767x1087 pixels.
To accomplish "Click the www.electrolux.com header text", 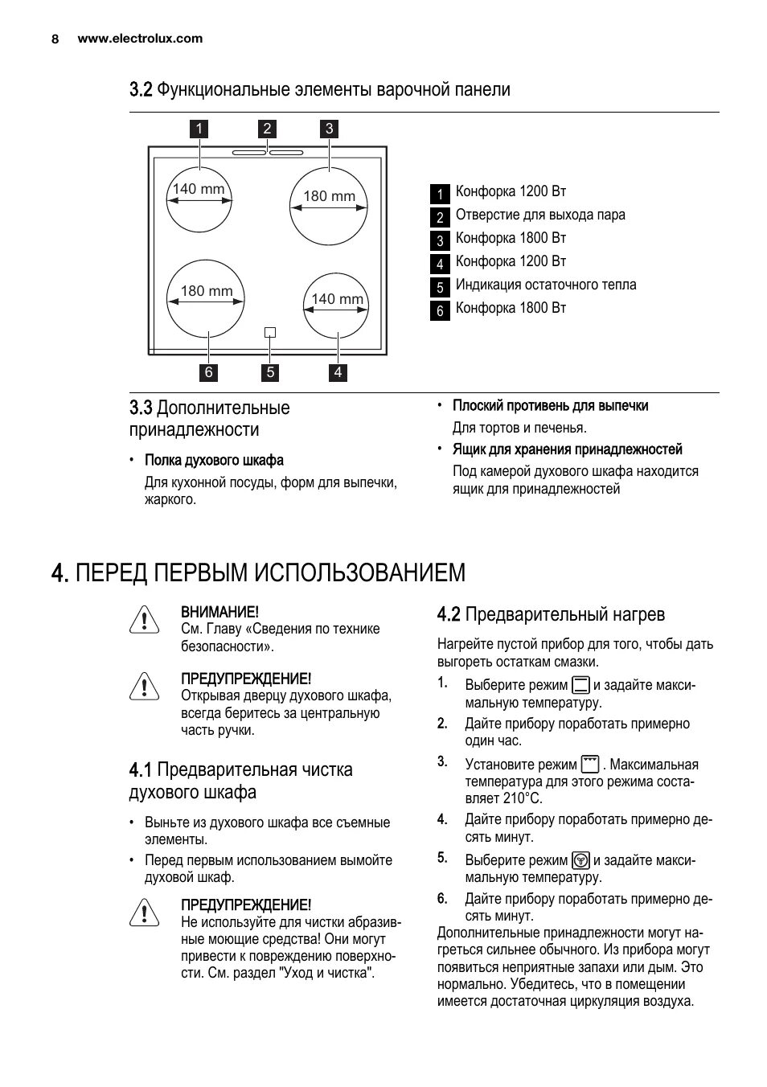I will click(140, 39).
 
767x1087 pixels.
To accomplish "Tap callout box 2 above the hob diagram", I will click(268, 129).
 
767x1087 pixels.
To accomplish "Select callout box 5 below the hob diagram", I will click(270, 372).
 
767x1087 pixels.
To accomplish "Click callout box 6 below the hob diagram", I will click(209, 372).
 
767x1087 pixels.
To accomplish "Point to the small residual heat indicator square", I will click(270, 332).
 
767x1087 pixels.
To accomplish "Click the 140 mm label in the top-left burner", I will click(199, 190).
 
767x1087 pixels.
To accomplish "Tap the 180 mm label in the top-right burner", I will click(329, 196).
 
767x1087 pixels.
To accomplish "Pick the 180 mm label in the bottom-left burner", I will click(207, 291).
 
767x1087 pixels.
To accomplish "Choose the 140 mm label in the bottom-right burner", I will click(338, 299).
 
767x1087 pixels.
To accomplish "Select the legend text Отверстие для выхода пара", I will click(540, 215).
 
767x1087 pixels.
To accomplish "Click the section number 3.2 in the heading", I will click(141, 89).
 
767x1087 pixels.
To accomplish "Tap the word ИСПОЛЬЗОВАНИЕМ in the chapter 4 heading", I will click(360, 572).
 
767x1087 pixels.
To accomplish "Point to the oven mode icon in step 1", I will click(580, 685).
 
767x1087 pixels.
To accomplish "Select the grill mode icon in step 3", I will click(590, 764).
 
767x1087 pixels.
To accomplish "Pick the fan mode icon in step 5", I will click(580, 859).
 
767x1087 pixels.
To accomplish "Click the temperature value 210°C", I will click(523, 798).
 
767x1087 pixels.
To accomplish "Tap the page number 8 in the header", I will click(55, 39).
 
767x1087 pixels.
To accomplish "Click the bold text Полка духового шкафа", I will click(214, 461).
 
